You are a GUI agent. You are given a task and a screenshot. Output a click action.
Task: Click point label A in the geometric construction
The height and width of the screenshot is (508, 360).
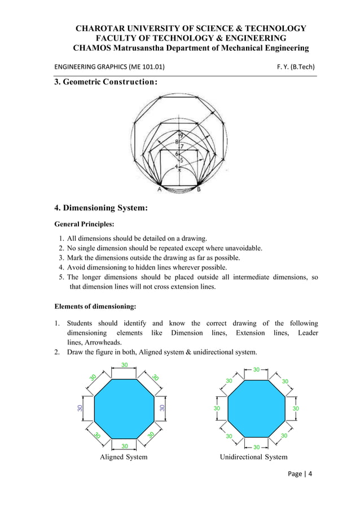159,191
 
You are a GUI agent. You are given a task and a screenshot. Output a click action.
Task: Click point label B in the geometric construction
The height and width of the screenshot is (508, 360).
199,191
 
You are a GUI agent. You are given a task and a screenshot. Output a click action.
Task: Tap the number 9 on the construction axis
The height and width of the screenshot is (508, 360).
181,135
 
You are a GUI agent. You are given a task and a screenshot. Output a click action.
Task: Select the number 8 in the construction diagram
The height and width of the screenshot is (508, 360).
177,142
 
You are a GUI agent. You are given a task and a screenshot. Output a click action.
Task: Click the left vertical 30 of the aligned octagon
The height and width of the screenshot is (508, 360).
80,408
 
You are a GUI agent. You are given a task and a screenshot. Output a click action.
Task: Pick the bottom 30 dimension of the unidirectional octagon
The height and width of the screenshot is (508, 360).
257,448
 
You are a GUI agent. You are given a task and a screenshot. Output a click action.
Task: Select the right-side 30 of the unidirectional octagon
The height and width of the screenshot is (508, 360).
296,408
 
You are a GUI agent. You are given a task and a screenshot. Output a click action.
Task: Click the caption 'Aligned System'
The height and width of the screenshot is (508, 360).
124,457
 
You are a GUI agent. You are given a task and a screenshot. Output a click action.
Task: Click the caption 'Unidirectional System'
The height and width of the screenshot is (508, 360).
253,457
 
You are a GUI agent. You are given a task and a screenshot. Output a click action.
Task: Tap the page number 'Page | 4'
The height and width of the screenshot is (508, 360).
299,474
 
